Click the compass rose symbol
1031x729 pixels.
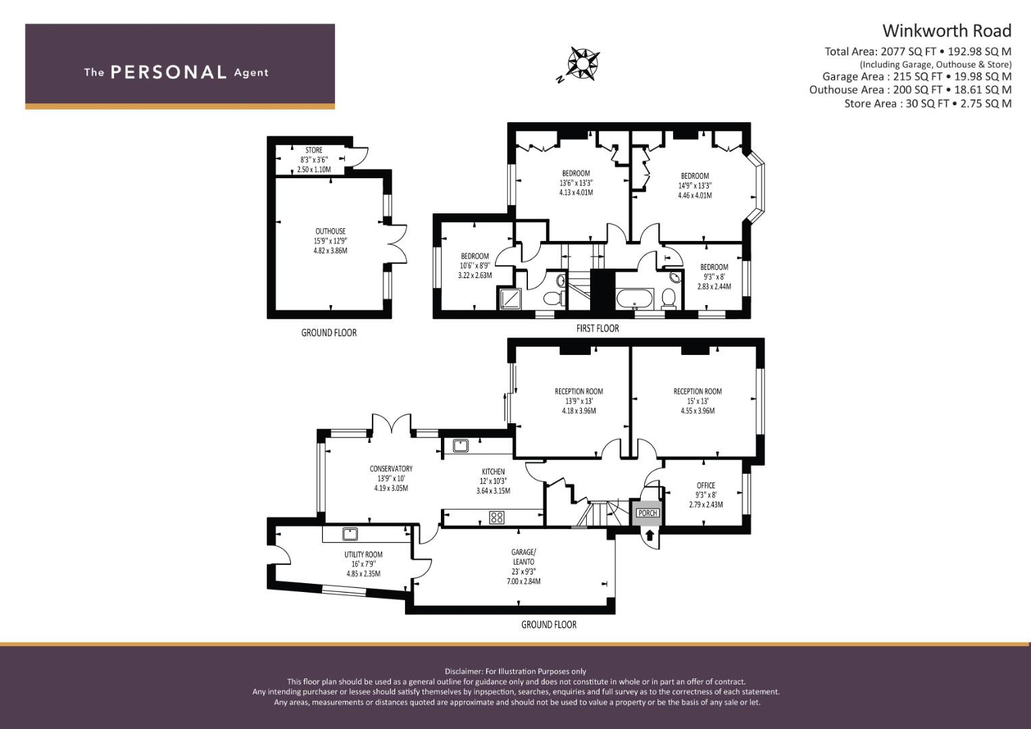pyautogui.click(x=582, y=64)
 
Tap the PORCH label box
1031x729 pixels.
pyautogui.click(x=647, y=513)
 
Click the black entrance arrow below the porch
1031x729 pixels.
pyautogui.click(x=650, y=536)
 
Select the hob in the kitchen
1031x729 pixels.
pyautogui.click(x=497, y=518)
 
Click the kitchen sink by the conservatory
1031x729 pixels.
pyautogui.click(x=461, y=446)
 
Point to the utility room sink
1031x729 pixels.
pyautogui.click(x=350, y=534)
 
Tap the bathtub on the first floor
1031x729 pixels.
pyautogui.click(x=635, y=297)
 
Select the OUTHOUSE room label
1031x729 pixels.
pyautogui.click(x=330, y=232)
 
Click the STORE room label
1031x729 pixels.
pyautogui.click(x=314, y=151)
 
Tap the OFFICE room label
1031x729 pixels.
pyautogui.click(x=706, y=485)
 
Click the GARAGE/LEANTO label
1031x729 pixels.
pyautogui.click(x=523, y=556)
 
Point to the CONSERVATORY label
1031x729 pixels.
pyautogui.click(x=391, y=469)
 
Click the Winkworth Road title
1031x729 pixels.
pyautogui.click(x=947, y=31)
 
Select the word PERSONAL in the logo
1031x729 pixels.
pyautogui.click(x=168, y=72)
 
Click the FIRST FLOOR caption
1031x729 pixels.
pyautogui.click(x=597, y=329)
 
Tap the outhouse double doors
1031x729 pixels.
pyautogui.click(x=398, y=244)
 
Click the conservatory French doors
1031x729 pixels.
pyautogui.click(x=392, y=425)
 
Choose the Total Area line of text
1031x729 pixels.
pyautogui.click(x=918, y=51)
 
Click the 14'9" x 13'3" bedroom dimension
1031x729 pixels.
pyautogui.click(x=695, y=186)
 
